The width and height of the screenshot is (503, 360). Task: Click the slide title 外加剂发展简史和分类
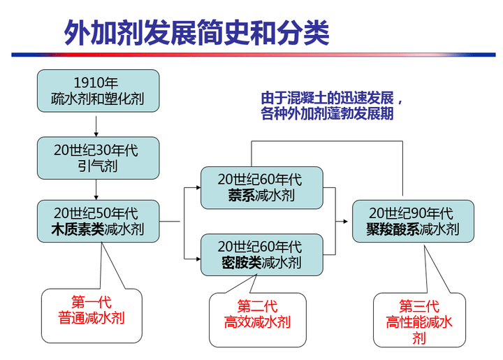[x=196, y=32]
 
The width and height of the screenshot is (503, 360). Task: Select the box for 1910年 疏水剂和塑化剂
[x=99, y=91]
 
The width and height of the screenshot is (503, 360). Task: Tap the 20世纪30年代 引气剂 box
[x=99, y=158]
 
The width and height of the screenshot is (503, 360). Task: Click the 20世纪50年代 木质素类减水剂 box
[x=99, y=221]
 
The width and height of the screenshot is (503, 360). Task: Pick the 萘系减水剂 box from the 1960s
[x=262, y=188]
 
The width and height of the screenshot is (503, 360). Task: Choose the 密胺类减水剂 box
[x=262, y=254]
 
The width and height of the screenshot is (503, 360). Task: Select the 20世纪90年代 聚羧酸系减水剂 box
[x=413, y=221]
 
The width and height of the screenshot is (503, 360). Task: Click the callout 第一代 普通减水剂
[x=92, y=316]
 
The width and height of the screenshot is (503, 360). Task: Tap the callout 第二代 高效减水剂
[x=258, y=319]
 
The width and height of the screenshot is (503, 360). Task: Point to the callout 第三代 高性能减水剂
[x=419, y=319]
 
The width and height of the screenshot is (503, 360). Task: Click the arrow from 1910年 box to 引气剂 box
[x=96, y=126]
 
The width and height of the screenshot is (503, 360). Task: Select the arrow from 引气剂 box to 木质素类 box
[x=96, y=189]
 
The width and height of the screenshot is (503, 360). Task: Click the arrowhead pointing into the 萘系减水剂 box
[x=198, y=187]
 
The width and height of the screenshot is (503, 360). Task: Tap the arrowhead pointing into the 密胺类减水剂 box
[x=198, y=258]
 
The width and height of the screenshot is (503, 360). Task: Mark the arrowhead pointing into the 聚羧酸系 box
[x=346, y=222]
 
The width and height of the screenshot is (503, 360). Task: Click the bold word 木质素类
[x=78, y=229]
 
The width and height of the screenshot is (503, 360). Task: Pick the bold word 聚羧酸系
[x=393, y=229]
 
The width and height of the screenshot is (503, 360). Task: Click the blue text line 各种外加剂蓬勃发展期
[x=327, y=113]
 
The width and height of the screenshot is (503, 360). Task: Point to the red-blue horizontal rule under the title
[x=254, y=55]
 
